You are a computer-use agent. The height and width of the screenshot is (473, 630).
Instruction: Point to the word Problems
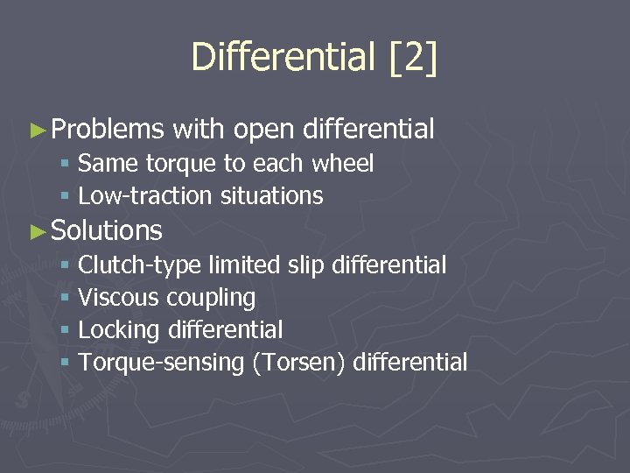108,131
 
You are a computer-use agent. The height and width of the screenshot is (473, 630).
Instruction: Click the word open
262,131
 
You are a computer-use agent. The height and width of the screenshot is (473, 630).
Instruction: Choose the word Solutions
107,231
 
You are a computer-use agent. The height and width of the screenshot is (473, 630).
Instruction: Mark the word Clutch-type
139,265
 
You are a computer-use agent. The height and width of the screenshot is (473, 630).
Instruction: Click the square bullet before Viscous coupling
65,299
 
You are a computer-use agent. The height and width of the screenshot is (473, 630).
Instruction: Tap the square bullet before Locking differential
65,331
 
